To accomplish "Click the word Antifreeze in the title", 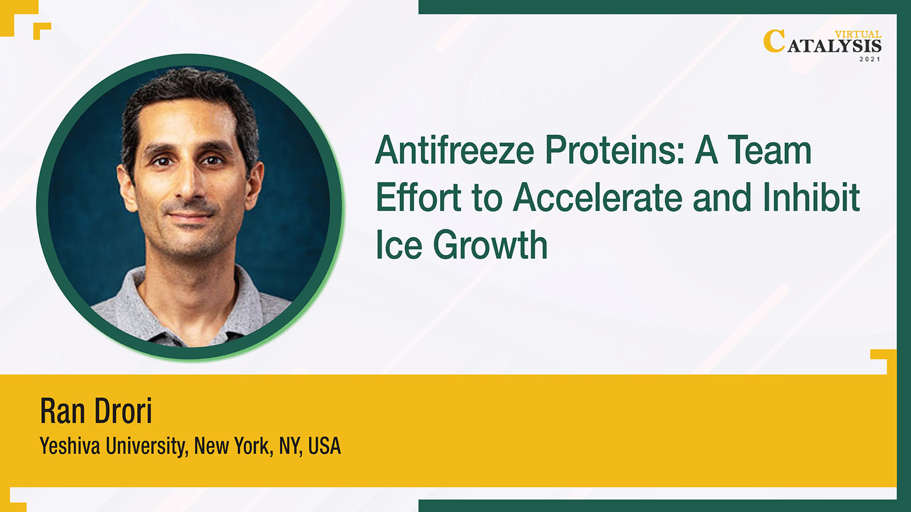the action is coord(454,150).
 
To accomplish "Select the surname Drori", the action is coord(123,411).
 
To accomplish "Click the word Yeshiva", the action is coord(69,446).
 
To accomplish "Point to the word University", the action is coord(147,446).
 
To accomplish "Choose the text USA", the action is coord(325,446).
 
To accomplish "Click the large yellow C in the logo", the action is coord(774,41).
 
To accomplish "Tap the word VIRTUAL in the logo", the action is coord(858,35).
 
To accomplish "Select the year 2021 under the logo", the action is coord(870,59).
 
